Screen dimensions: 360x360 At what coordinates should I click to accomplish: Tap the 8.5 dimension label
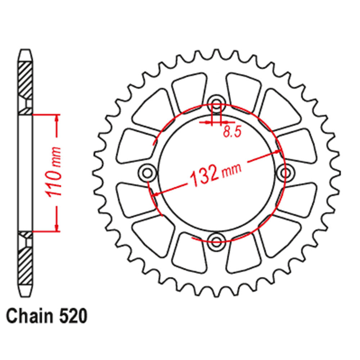point(231,132)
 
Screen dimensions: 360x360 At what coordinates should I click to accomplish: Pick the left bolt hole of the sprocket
point(147,173)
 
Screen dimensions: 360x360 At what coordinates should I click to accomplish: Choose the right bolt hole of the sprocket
point(286,173)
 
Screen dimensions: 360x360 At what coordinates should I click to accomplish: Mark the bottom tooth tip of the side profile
point(25,292)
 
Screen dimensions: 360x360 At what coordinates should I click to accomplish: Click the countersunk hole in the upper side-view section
point(27,104)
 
